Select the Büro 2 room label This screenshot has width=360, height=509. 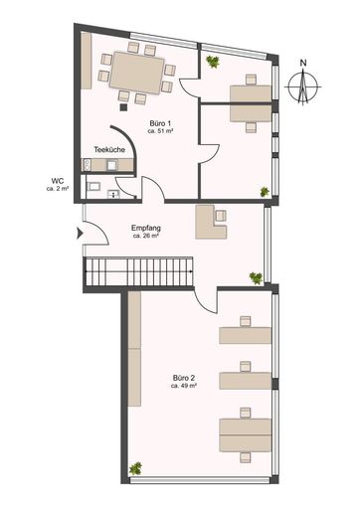(x=183, y=378)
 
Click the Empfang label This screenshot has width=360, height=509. (x=146, y=229)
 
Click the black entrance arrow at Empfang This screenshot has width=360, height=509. (x=78, y=236)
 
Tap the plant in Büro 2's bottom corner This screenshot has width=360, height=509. (x=136, y=465)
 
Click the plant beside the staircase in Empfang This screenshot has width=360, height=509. (x=256, y=276)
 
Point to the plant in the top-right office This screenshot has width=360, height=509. (x=212, y=62)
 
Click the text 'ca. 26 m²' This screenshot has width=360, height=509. (x=146, y=238)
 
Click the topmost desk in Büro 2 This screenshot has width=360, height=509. (x=246, y=333)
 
